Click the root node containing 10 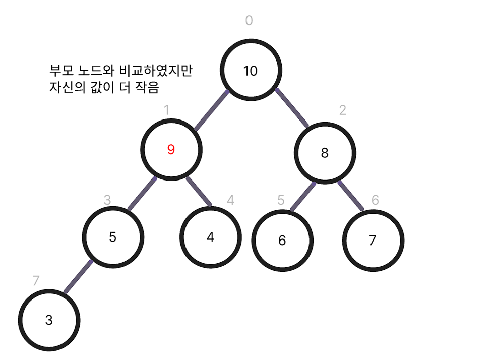tap(250, 70)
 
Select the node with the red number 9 tap(171, 150)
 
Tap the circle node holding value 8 tap(325, 153)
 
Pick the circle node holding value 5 tap(113, 236)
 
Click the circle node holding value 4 tap(210, 236)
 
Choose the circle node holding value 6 tap(282, 241)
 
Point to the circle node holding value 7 tap(373, 241)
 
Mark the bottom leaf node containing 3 tap(49, 320)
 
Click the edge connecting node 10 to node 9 tap(212, 110)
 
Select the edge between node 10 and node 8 tap(292, 107)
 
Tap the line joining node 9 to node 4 tap(199, 192)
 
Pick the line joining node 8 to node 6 tap(303, 196)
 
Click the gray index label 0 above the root tap(249, 21)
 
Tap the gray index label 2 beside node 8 tap(342, 110)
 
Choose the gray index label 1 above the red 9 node tap(167, 110)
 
